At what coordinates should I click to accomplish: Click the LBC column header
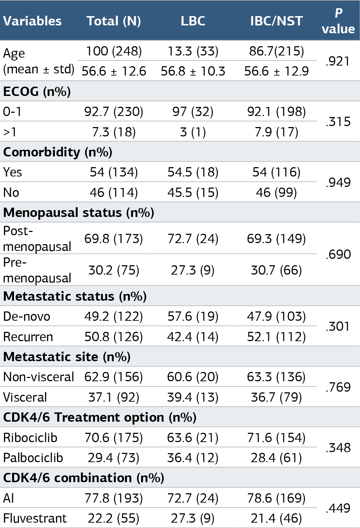(x=193, y=21)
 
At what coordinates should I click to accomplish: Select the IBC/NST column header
(x=277, y=21)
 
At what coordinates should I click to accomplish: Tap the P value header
(x=338, y=21)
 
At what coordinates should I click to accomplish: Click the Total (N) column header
(x=114, y=21)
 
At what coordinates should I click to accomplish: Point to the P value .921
(x=337, y=61)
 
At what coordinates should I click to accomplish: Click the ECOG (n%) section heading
(x=37, y=91)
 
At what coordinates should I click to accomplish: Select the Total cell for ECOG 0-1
(x=114, y=111)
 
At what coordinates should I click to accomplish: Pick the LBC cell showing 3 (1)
(x=193, y=132)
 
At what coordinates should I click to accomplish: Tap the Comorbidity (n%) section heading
(x=58, y=152)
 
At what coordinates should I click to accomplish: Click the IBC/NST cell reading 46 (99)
(x=277, y=192)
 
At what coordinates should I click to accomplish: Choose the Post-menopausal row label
(x=37, y=238)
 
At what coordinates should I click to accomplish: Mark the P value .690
(x=338, y=255)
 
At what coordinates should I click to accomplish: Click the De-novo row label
(x=27, y=316)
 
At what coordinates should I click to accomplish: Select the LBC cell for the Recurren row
(x=193, y=336)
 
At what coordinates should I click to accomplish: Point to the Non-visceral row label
(x=39, y=377)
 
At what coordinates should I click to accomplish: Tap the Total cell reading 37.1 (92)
(x=114, y=397)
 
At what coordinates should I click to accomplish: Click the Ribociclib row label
(x=30, y=438)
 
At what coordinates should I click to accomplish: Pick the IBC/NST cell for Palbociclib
(x=277, y=458)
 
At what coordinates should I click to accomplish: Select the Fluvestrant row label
(x=35, y=518)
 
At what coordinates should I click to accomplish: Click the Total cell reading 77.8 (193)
(x=114, y=498)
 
